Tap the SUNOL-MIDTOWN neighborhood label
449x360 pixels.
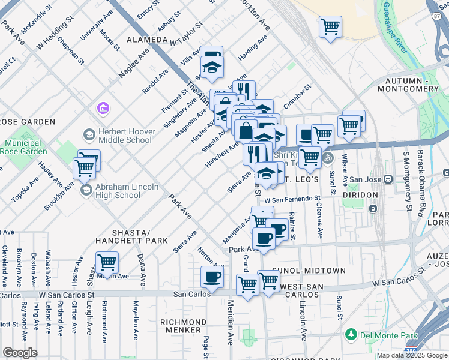point(309,271)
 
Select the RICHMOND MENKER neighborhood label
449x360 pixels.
point(181,326)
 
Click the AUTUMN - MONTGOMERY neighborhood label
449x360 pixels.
point(411,85)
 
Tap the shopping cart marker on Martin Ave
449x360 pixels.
point(107,262)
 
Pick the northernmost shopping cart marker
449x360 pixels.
point(330,27)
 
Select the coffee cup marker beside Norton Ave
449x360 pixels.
point(212,277)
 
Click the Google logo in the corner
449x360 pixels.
point(20,352)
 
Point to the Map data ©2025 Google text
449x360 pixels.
point(411,355)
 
